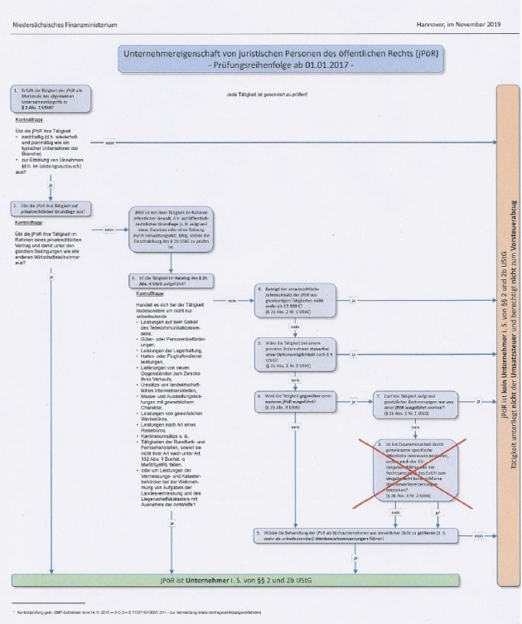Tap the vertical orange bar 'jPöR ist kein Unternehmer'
pos(505,331)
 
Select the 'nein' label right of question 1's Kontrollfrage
pos(109,143)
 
